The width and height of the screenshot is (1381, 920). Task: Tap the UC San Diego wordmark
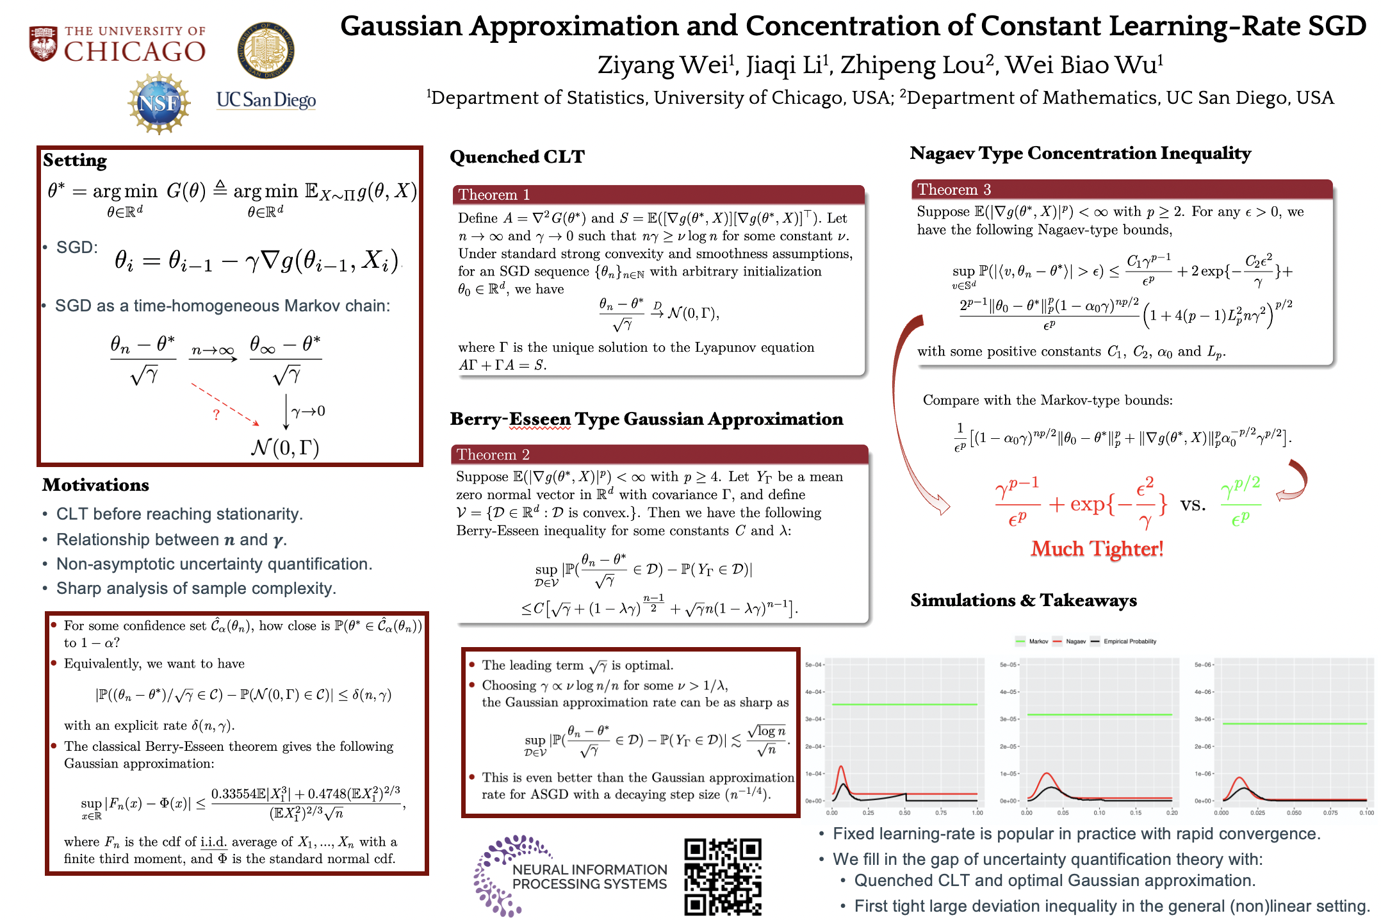(266, 100)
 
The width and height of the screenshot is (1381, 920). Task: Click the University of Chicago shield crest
(44, 44)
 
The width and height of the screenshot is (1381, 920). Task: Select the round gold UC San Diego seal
(266, 50)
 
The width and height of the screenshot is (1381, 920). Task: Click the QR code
(723, 876)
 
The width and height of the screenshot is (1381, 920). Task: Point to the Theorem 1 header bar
(658, 194)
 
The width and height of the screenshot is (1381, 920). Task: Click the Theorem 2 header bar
(659, 454)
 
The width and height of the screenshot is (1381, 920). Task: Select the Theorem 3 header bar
(1122, 189)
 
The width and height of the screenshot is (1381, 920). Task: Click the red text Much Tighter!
(1097, 549)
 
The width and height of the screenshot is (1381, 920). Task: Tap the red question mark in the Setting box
(217, 415)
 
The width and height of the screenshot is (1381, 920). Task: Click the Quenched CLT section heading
(517, 157)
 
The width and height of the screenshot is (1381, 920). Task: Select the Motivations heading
(95, 485)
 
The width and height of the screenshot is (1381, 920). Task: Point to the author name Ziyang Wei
(664, 65)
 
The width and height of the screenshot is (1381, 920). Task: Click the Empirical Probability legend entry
(1129, 641)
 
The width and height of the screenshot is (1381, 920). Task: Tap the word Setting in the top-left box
(75, 160)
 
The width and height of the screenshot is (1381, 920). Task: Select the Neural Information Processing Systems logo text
(589, 876)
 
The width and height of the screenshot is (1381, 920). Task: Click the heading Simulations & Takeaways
(1023, 600)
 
